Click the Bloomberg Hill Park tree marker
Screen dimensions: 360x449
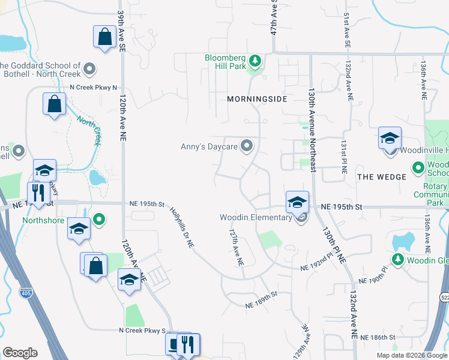(x=255, y=61)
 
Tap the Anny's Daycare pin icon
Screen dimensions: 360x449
(x=247, y=146)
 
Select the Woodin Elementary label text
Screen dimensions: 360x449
(x=255, y=217)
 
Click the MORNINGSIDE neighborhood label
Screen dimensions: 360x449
(x=258, y=98)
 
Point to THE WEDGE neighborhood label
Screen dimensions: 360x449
(x=382, y=176)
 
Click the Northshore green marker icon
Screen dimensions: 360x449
(x=100, y=220)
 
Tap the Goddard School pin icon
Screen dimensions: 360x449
(x=90, y=70)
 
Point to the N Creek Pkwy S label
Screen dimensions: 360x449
(x=142, y=331)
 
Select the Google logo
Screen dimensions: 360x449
(x=20, y=353)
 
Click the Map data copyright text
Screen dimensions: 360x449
(x=412, y=355)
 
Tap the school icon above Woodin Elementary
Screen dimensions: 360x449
(x=297, y=202)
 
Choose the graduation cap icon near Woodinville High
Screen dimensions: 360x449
(x=390, y=138)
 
